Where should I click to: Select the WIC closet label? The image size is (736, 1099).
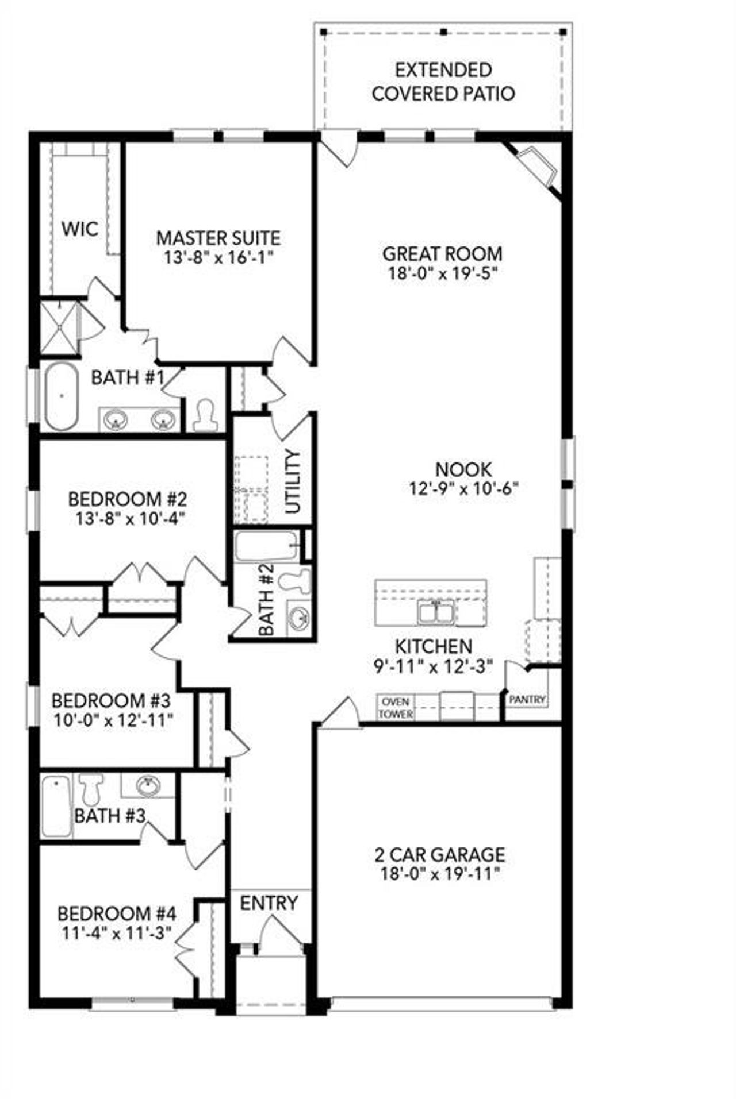point(79,229)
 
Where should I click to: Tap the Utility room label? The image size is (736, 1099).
point(293,481)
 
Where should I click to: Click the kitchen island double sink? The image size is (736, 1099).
point(436,612)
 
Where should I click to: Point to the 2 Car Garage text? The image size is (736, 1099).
point(440,854)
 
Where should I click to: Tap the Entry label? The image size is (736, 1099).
point(269,903)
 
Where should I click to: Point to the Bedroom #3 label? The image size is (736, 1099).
point(111,701)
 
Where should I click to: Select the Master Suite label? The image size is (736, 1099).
point(218,238)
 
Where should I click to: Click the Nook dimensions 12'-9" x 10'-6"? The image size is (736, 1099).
point(463,488)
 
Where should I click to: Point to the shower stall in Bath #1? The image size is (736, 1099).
point(58,328)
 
